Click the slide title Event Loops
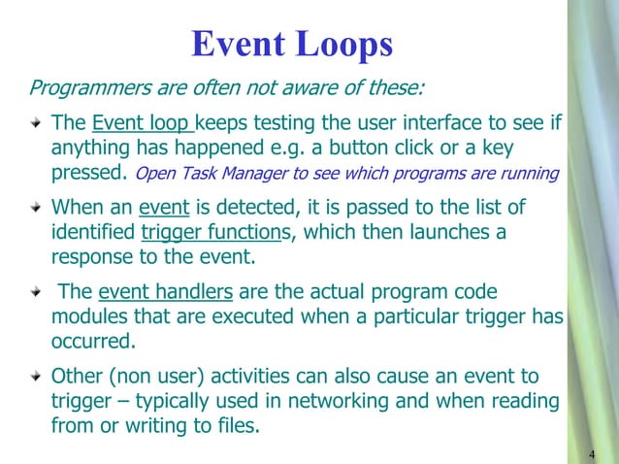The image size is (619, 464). point(292,44)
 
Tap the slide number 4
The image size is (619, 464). point(592,454)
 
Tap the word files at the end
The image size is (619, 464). point(238,425)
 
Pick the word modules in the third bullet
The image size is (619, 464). point(87,318)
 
